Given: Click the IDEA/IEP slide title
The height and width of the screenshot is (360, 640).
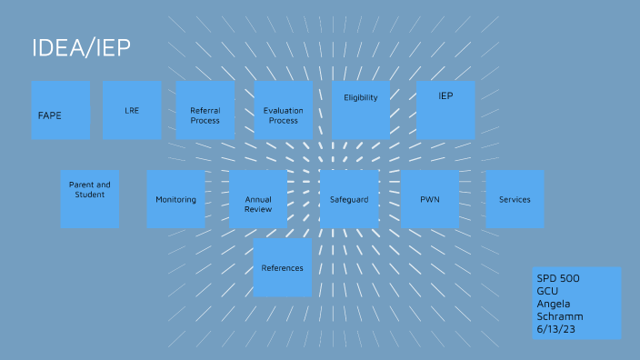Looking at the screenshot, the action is coord(82,49).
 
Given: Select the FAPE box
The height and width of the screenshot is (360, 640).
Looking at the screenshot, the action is coord(61,111).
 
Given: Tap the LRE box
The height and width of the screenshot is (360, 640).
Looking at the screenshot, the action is coord(132,111).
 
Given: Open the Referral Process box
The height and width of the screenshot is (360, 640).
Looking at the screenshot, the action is coord(205,111).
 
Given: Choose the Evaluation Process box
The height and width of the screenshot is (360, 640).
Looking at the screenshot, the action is coord(283,111).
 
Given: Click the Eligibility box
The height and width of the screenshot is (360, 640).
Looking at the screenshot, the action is coord(361,111).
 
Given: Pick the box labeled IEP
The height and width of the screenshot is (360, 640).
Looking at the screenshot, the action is coord(445,110).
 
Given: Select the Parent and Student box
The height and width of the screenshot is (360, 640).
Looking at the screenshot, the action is coord(90,199).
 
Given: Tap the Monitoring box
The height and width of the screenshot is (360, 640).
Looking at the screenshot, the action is coord(175,199).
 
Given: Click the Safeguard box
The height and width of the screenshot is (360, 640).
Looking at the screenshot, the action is coord(349,199).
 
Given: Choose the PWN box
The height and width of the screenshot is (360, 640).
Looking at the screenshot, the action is coord(430,199).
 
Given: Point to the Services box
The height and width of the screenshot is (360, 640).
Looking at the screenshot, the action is coord(515,199).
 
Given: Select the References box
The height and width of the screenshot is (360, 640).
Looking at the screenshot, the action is coord(283,267).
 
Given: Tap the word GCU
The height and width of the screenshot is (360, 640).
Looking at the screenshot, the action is coord(548,290).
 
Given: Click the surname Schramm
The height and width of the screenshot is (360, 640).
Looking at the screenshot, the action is coord(559,315).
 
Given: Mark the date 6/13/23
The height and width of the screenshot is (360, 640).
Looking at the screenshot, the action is coord(555,328).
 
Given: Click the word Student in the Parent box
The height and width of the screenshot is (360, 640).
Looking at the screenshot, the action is coord(90,194).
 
